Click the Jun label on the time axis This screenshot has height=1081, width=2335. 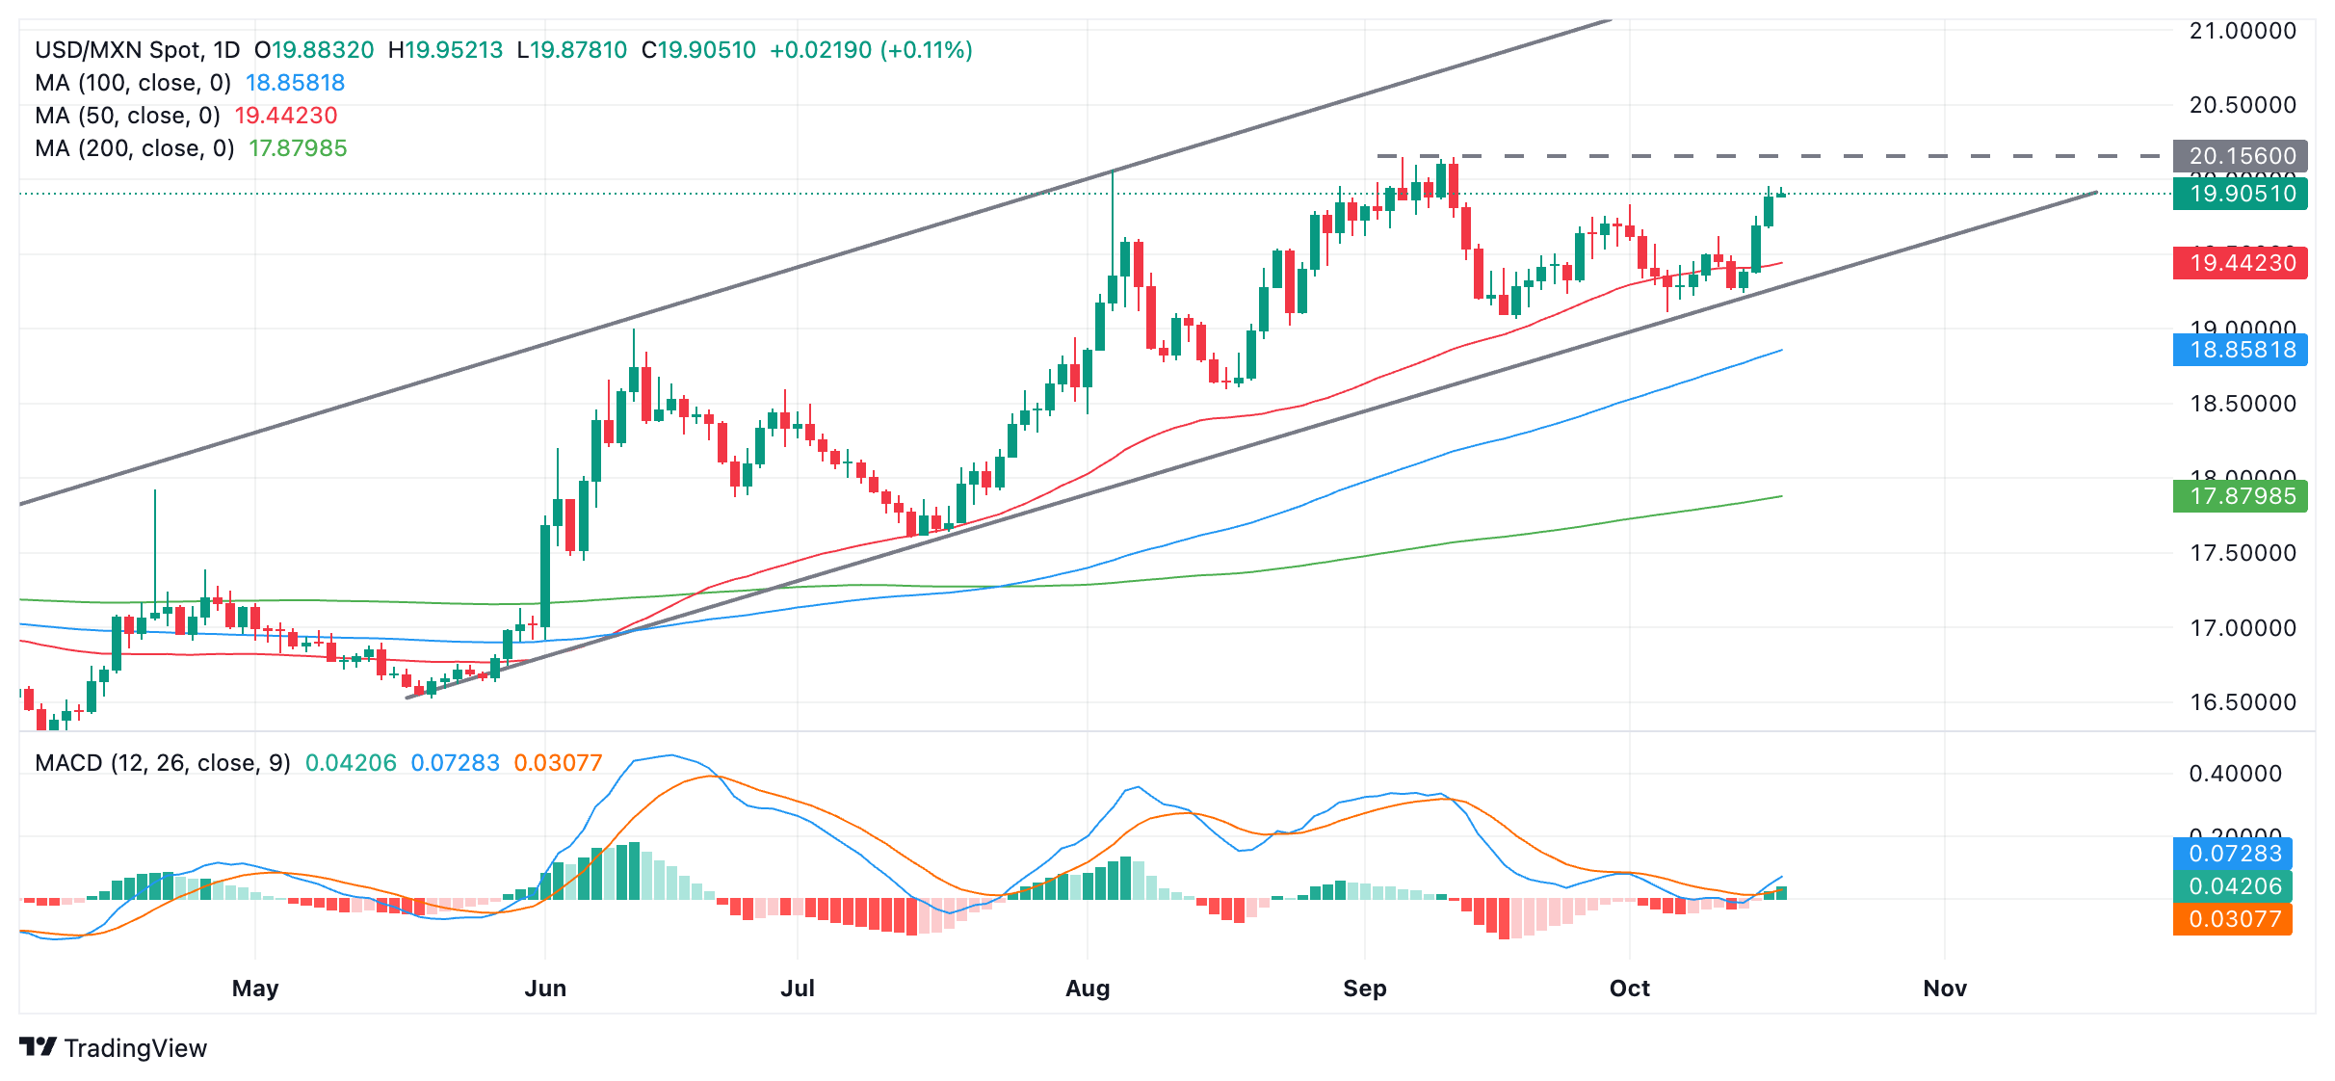click(x=545, y=988)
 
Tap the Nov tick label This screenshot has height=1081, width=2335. click(x=1944, y=988)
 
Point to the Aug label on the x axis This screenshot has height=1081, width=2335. click(x=1088, y=988)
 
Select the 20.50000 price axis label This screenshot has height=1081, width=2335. click(x=2243, y=104)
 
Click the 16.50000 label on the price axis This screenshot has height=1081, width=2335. click(x=2243, y=701)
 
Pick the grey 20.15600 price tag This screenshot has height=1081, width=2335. click(x=2241, y=156)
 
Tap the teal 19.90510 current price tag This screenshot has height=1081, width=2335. click(x=2241, y=194)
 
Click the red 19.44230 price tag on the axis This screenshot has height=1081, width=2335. click(x=2241, y=263)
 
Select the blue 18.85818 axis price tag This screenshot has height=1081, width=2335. click(x=2241, y=350)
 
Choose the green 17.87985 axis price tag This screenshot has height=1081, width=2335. click(x=2241, y=496)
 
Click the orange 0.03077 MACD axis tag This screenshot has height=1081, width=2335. click(x=2233, y=919)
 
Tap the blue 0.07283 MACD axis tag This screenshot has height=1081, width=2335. click(x=2233, y=854)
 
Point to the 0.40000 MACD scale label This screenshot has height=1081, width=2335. click(x=2235, y=774)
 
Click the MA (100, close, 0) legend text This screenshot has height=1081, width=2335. click(x=133, y=83)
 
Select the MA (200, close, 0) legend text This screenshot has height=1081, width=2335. click(x=135, y=148)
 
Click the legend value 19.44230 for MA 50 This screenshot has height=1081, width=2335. click(x=286, y=116)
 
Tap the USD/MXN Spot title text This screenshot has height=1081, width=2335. click(x=118, y=50)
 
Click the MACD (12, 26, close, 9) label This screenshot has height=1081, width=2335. click(x=163, y=763)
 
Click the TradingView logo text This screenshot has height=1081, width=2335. click(x=135, y=1048)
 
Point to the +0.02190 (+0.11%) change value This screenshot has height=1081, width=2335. click(x=871, y=50)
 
